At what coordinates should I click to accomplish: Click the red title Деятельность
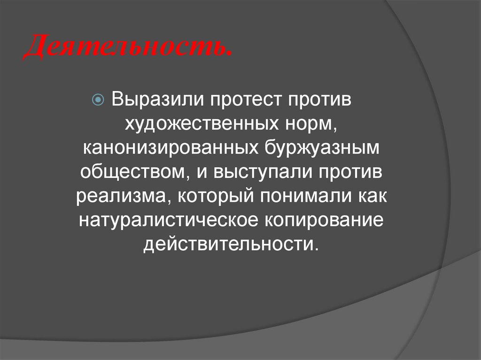coord(127,49)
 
